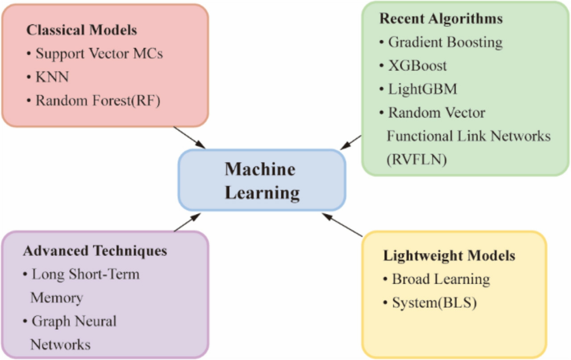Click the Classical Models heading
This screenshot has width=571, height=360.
click(82, 30)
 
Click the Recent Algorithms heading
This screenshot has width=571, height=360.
click(441, 19)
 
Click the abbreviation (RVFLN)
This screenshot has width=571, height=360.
click(417, 159)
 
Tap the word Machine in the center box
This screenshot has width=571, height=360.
click(260, 170)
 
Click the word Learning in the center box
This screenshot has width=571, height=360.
click(262, 193)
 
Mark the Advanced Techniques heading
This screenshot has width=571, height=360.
click(95, 251)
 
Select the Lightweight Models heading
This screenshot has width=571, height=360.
click(449, 256)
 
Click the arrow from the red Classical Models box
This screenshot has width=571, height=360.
click(189, 138)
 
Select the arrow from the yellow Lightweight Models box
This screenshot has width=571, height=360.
click(342, 225)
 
